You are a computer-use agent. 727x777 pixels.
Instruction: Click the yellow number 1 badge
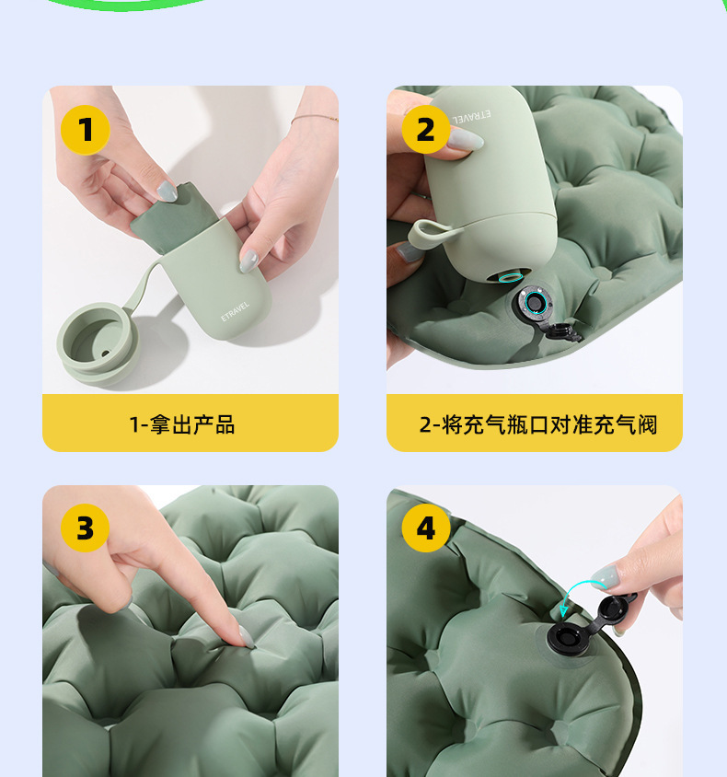click(86, 130)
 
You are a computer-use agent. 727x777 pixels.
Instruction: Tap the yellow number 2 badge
click(426, 130)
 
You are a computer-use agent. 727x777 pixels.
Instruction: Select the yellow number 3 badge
click(86, 528)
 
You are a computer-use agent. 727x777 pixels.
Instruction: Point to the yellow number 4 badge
click(426, 528)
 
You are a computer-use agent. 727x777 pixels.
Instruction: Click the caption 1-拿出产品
click(182, 424)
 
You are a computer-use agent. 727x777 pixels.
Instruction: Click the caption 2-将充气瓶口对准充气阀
click(537, 424)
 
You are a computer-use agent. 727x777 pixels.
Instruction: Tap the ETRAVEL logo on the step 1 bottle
click(236, 311)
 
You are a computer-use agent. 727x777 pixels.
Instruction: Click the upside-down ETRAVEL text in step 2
click(472, 116)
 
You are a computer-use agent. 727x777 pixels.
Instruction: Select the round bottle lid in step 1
click(95, 343)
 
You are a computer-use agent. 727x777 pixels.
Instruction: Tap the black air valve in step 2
click(534, 302)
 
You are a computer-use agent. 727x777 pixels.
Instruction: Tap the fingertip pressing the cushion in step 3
click(246, 639)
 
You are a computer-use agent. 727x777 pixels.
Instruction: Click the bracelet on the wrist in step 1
click(315, 118)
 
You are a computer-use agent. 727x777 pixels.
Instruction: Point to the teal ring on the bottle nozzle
click(510, 276)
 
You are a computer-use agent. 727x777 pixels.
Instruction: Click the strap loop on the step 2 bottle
click(431, 233)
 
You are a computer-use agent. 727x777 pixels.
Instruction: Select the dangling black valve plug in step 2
click(564, 331)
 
